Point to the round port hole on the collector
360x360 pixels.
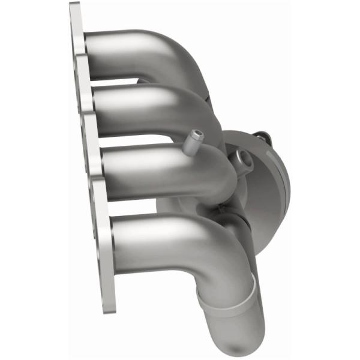(x=245, y=157)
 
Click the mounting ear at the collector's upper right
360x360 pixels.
(x=260, y=140)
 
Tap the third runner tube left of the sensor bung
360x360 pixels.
(x=144, y=171)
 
